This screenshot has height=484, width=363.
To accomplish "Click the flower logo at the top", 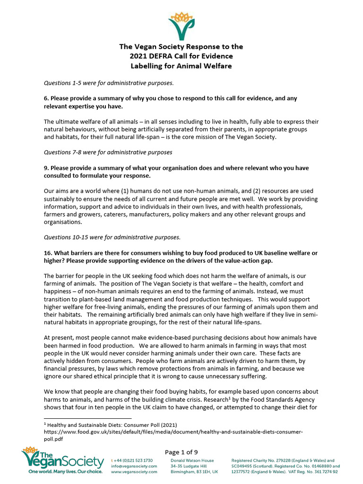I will tap(181, 26).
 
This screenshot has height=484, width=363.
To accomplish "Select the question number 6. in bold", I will tap(46, 98).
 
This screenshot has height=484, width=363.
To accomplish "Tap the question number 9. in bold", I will tap(46, 168).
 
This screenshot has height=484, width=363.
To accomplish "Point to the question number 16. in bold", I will tap(48, 253).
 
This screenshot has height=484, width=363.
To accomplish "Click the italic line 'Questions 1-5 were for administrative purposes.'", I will tap(109, 83).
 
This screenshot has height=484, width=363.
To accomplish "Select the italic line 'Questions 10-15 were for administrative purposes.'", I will tap(112, 237).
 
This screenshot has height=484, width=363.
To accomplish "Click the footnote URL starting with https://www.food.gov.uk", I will tap(173, 432).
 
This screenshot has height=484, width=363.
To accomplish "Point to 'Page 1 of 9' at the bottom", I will tap(181, 452).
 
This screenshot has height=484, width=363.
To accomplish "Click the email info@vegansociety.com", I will tap(133, 466).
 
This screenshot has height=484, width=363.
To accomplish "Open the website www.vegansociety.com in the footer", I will tap(133, 472).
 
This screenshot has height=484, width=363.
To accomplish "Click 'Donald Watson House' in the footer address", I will tap(192, 460).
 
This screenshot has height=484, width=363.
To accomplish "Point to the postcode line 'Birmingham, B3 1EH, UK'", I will tap(194, 472).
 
